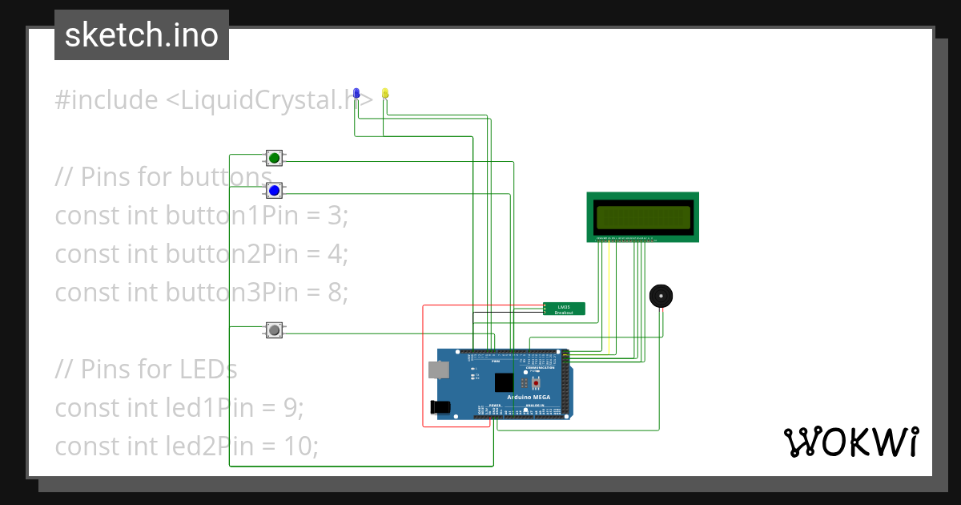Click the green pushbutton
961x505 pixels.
click(x=275, y=157)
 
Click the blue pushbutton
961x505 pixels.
click(x=275, y=190)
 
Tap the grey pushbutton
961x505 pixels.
click(x=275, y=329)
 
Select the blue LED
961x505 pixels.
click(x=357, y=94)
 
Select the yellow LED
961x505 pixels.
click(x=385, y=94)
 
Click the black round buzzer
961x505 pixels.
click(x=661, y=296)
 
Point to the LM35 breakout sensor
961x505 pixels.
click(x=564, y=309)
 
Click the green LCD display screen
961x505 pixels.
click(x=642, y=217)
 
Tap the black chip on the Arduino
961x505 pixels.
click(x=505, y=382)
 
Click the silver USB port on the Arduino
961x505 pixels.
click(x=438, y=370)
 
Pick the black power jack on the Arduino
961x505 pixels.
click(x=439, y=407)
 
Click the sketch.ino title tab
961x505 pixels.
click(x=142, y=35)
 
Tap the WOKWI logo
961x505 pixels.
click(x=850, y=442)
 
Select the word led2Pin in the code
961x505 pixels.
click(x=211, y=446)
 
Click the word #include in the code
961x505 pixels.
click(x=107, y=100)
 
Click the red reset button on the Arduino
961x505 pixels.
click(x=536, y=382)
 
